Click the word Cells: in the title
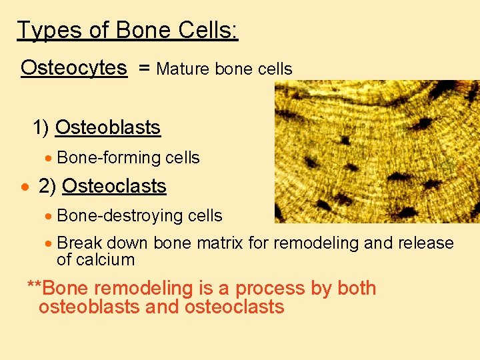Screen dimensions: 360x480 208,31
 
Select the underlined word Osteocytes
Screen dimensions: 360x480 73,68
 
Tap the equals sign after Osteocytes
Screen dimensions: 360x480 144,69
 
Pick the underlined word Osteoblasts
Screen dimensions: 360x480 107,127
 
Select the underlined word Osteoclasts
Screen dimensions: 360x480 114,186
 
